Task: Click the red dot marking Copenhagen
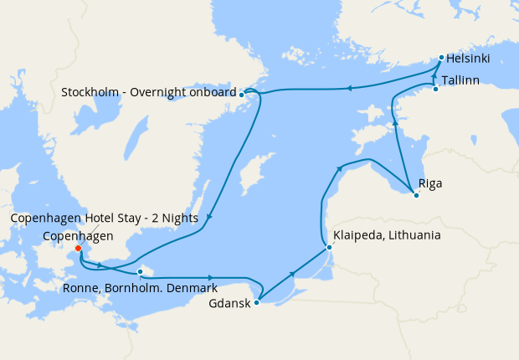[78, 248]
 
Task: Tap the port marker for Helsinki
[441, 58]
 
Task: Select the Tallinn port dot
[435, 89]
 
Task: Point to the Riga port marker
[416, 196]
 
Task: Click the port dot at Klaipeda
[329, 247]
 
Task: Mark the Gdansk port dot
[256, 302]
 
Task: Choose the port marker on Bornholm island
[140, 271]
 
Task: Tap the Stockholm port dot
[241, 95]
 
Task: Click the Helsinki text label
[468, 59]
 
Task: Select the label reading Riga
[429, 183]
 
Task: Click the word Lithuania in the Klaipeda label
[410, 235]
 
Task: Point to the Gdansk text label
[229, 303]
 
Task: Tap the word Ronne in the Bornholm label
[80, 290]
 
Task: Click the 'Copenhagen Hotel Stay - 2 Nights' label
[104, 219]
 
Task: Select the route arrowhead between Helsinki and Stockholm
[350, 87]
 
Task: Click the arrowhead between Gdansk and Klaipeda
[292, 274]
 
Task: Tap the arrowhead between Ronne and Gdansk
[211, 277]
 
